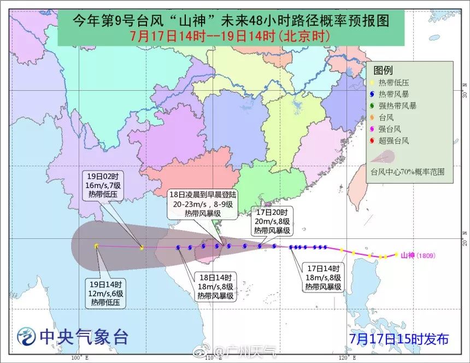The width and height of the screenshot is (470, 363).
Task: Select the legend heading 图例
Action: click(383, 71)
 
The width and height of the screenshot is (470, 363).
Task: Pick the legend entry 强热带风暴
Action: click(397, 106)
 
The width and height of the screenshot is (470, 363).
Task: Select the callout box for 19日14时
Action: click(108, 293)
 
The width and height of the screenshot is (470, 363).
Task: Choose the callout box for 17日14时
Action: click(324, 277)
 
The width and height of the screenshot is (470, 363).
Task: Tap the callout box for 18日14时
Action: click(216, 286)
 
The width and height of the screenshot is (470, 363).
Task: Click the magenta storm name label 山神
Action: click(408, 255)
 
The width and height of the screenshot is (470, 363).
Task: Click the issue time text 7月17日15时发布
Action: click(399, 339)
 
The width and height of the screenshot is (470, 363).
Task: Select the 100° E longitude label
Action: click(77, 358)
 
